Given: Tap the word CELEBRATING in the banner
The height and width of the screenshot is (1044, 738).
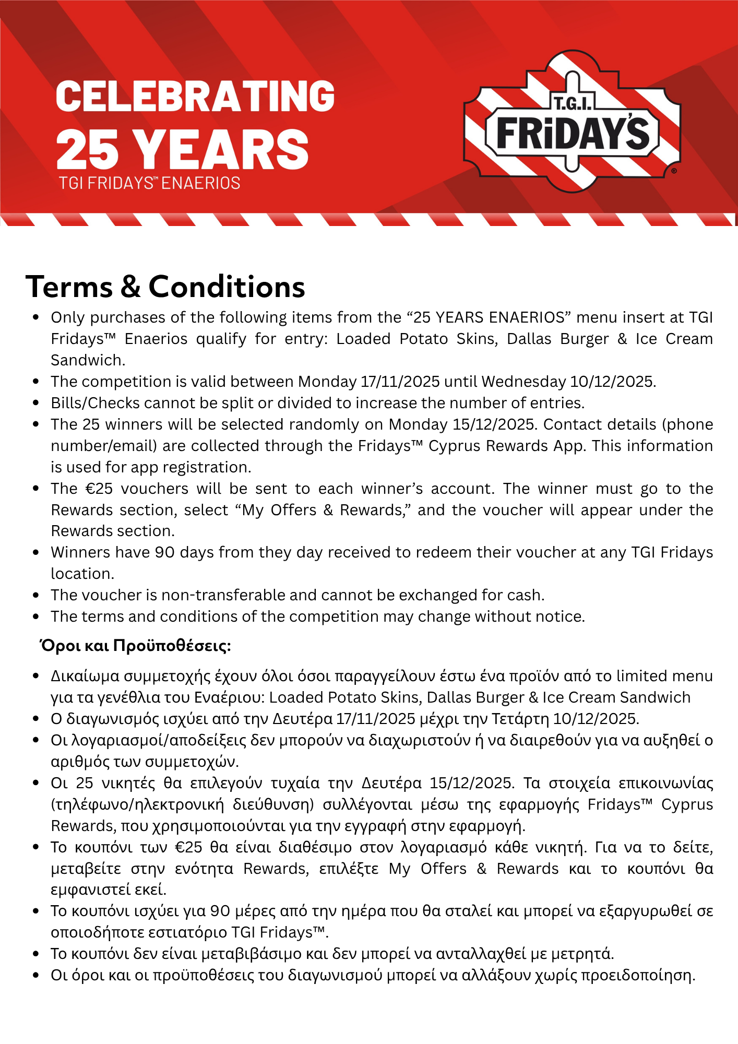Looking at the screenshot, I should pyautogui.click(x=195, y=97).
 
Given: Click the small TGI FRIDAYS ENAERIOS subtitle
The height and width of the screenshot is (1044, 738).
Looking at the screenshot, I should pyautogui.click(x=149, y=183).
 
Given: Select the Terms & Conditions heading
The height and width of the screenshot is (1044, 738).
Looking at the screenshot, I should pyautogui.click(x=165, y=287).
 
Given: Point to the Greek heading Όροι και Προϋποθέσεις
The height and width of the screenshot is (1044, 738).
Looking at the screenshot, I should pyautogui.click(x=136, y=646).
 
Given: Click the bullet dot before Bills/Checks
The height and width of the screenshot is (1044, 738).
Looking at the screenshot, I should pyautogui.click(x=36, y=403).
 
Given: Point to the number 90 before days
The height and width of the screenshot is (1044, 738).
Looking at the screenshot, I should pyautogui.click(x=165, y=552).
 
